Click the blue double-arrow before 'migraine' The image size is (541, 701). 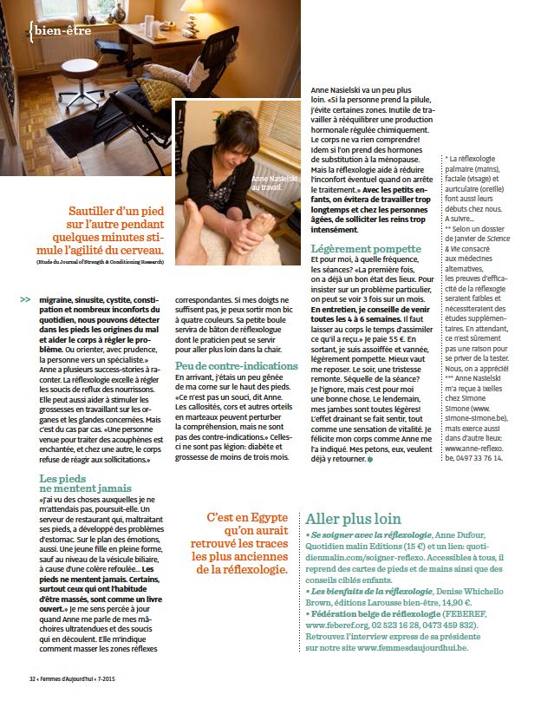[23, 300]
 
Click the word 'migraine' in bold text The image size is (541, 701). [61, 300]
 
